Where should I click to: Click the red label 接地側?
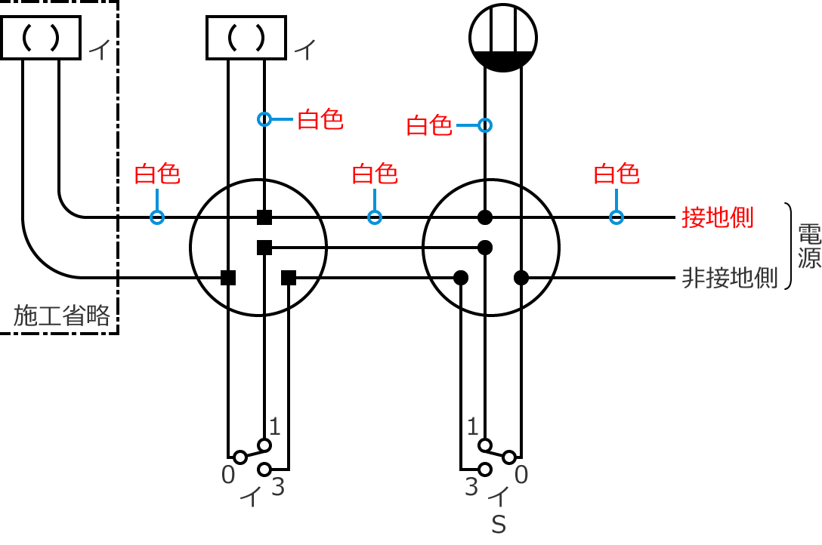point(717,217)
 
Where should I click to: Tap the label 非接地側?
point(729,278)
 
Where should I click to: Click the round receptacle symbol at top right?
point(502,37)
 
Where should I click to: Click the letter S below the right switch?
point(499,525)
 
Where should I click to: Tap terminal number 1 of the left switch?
point(275,427)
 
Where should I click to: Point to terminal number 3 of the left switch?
point(277,488)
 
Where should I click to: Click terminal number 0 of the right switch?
point(521,475)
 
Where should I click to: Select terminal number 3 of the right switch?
point(471,488)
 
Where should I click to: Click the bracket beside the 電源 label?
point(789,247)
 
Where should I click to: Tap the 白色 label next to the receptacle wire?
point(429,125)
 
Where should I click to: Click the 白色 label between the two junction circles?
point(375,174)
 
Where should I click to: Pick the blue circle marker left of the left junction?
point(157,217)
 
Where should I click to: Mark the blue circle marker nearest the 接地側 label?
point(616,217)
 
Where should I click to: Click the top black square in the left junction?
point(264,217)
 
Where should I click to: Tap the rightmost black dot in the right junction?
point(521,278)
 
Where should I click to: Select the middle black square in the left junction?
point(264,248)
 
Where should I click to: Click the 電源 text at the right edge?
point(810,247)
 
